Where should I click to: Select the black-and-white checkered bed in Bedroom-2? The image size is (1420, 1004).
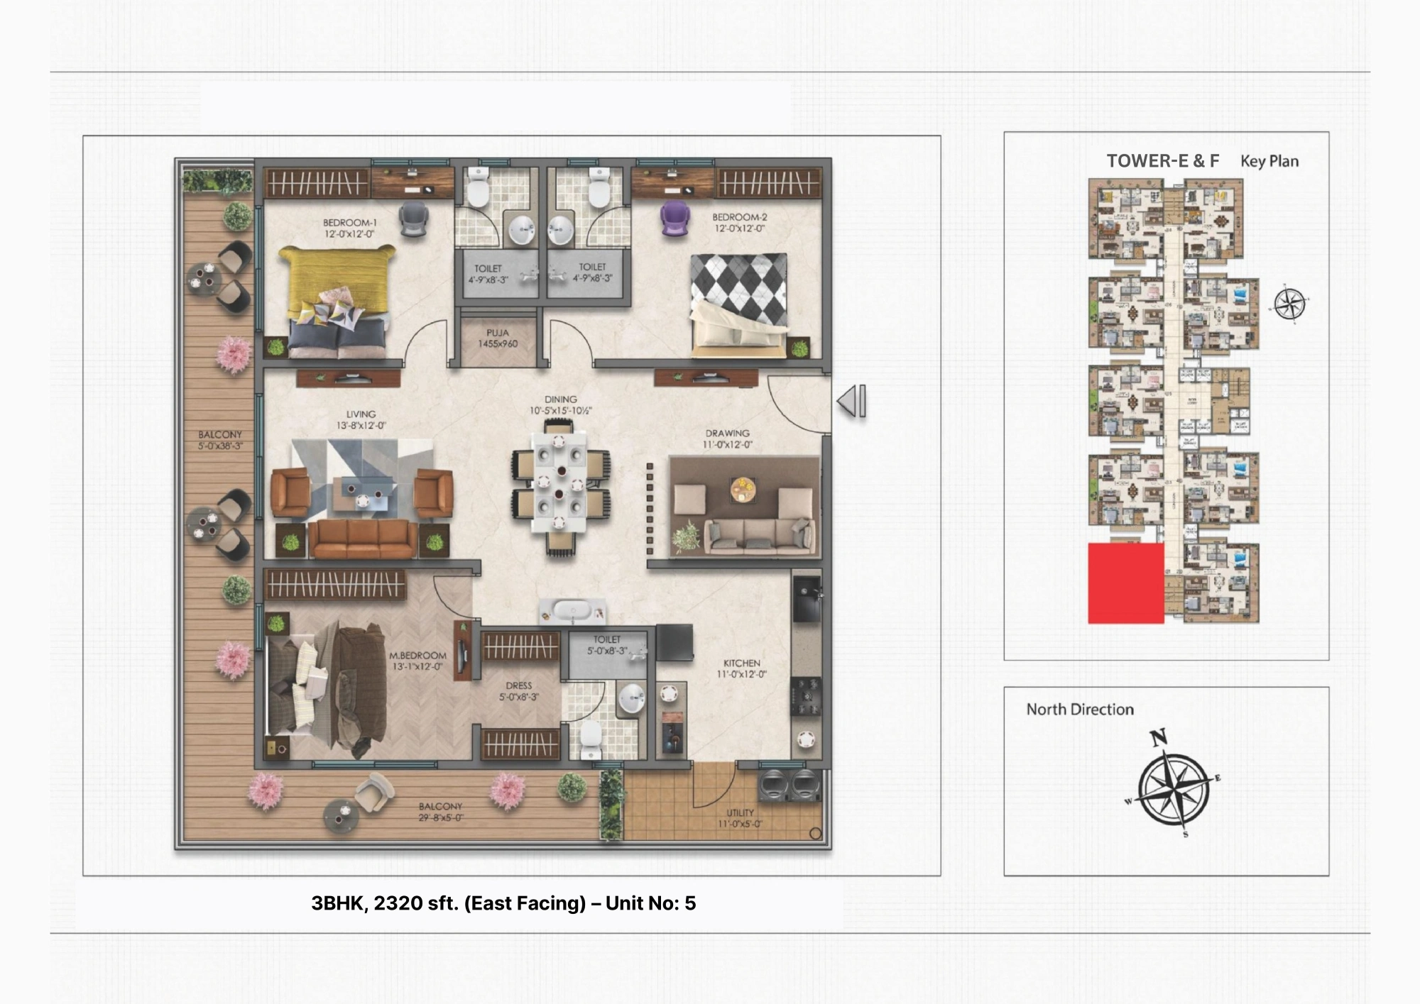[739, 298]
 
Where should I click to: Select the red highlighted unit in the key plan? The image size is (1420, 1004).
[1126, 583]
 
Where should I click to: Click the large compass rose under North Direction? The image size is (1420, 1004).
[1174, 787]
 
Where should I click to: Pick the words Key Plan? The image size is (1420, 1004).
[1269, 161]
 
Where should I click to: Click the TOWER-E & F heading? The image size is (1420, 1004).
[1162, 161]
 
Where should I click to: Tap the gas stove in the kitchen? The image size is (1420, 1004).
[807, 695]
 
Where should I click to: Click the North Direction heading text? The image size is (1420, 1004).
[1080, 710]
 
